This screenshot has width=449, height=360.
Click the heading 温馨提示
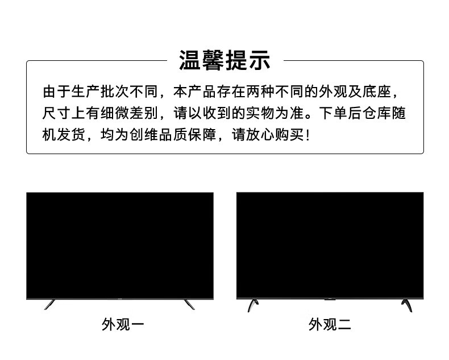(224, 60)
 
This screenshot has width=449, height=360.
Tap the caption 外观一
(123, 325)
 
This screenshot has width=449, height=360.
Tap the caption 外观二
(330, 325)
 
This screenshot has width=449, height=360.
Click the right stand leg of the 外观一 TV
(189, 304)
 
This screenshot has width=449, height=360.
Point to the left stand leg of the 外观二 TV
(251, 305)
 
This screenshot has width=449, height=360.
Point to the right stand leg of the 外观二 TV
(406, 305)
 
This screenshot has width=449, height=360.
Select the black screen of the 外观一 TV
(119, 245)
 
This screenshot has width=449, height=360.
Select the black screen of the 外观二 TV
(330, 245)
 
